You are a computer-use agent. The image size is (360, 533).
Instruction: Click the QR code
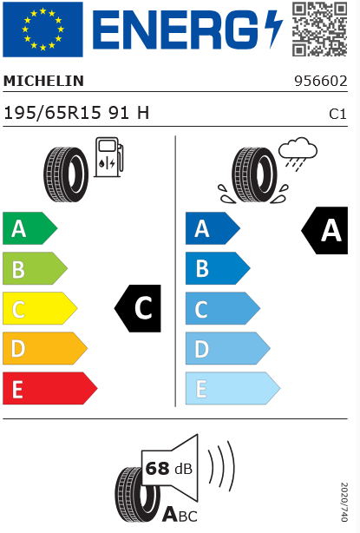coord(319,29)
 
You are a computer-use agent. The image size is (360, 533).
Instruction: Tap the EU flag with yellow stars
coord(43,30)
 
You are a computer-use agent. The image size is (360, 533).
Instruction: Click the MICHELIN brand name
coord(43,81)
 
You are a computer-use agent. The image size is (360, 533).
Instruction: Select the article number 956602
coord(321,81)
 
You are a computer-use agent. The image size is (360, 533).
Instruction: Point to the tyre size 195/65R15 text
coord(52,113)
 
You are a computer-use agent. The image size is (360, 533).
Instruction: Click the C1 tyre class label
coord(337,115)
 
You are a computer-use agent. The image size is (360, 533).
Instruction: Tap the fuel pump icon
coord(109,157)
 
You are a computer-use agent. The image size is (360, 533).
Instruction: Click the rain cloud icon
coord(298,153)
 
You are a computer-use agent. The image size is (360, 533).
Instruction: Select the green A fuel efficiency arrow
coord(29,228)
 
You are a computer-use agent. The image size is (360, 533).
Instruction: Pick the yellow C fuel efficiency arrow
coord(40,308)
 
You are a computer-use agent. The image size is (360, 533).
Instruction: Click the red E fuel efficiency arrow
coord(50,388)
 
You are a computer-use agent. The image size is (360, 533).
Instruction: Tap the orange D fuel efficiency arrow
coord(45,348)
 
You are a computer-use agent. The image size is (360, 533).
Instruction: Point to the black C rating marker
coord(138,308)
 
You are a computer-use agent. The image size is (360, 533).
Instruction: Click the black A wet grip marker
coord(324,230)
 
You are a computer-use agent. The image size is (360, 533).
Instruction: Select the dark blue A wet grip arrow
coord(213,228)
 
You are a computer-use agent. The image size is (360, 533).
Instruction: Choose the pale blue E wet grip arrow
coord(232,388)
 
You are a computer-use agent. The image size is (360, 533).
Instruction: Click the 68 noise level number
coord(157,469)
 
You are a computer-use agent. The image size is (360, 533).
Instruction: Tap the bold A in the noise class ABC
coord(169,514)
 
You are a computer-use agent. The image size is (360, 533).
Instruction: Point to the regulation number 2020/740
coord(344,502)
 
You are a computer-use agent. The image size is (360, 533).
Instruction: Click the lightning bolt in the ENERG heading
coord(274,29)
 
